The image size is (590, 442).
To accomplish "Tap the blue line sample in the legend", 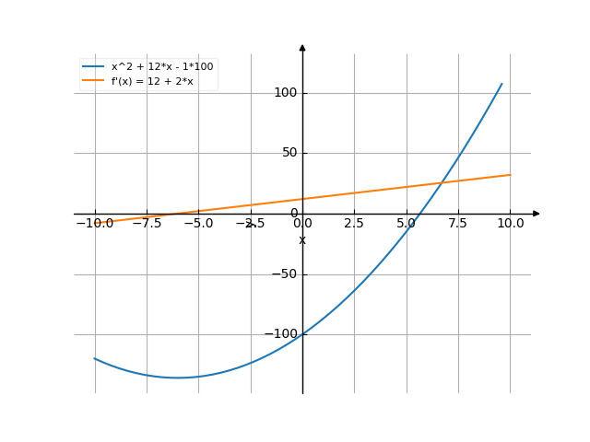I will [x=93, y=67].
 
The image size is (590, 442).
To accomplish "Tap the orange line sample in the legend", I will [x=93, y=81].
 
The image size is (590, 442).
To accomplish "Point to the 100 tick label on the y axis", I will [x=285, y=92].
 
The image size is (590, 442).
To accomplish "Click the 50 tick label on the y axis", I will [x=289, y=153].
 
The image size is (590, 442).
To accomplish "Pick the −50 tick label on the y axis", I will [x=285, y=274].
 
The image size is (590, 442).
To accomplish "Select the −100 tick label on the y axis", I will [x=281, y=334].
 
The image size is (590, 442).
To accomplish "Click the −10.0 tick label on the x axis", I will [x=94, y=224].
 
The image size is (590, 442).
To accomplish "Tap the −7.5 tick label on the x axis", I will [x=147, y=224].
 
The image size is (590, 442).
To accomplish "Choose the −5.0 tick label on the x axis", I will [x=198, y=224].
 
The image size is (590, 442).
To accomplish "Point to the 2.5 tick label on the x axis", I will [x=354, y=224].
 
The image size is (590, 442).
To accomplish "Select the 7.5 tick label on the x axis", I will [x=458, y=224].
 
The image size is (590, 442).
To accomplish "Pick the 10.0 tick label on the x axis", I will [x=511, y=224].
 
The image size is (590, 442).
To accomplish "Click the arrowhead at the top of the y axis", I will [x=302, y=46].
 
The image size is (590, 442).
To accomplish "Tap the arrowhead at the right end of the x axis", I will [x=537, y=214].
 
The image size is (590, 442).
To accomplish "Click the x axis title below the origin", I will [x=302, y=241].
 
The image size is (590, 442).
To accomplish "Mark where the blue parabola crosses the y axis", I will [x=302, y=334].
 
